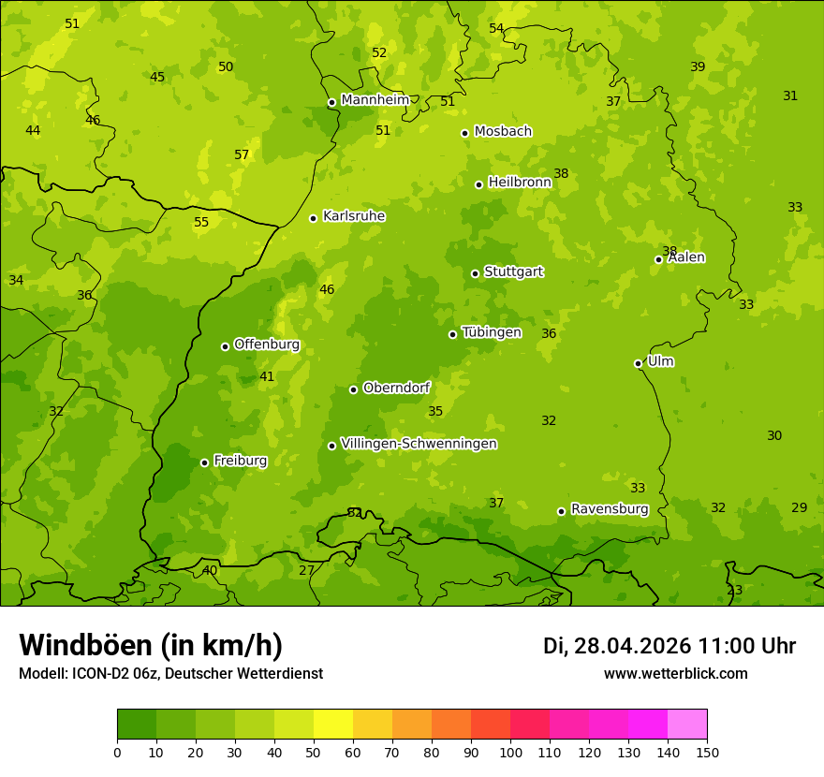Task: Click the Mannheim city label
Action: (375, 100)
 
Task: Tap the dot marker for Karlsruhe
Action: (313, 218)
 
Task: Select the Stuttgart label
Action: (513, 271)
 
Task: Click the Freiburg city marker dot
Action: (204, 462)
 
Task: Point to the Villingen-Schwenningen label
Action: (419, 444)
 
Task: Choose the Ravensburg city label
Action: (610, 509)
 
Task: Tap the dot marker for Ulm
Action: (638, 363)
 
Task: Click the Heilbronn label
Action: (520, 183)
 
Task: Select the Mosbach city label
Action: (503, 132)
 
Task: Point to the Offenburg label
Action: (267, 345)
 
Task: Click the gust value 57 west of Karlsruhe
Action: (242, 155)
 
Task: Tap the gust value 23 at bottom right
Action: (735, 591)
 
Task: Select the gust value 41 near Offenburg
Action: (267, 377)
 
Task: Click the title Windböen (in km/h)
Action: (151, 645)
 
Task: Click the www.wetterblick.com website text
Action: (675, 674)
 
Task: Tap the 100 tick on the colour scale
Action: (510, 751)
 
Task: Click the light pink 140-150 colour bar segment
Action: (687, 725)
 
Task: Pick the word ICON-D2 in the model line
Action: (101, 674)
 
